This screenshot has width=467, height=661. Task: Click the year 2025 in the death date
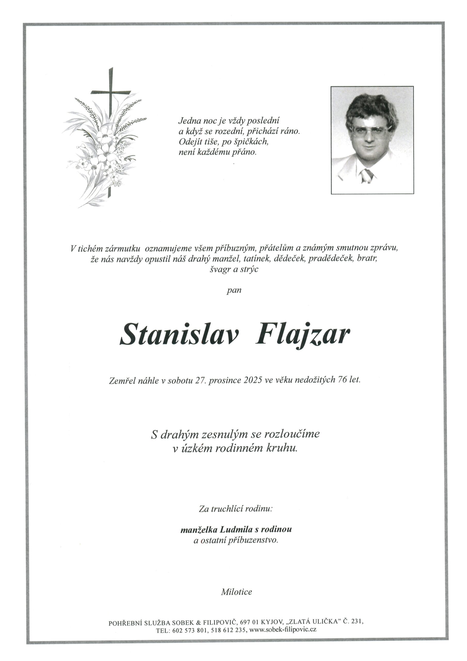(252, 380)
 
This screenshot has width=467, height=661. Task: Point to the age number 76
(344, 380)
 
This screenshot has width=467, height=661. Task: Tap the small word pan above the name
(234, 290)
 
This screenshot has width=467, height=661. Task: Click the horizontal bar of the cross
(110, 92)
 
